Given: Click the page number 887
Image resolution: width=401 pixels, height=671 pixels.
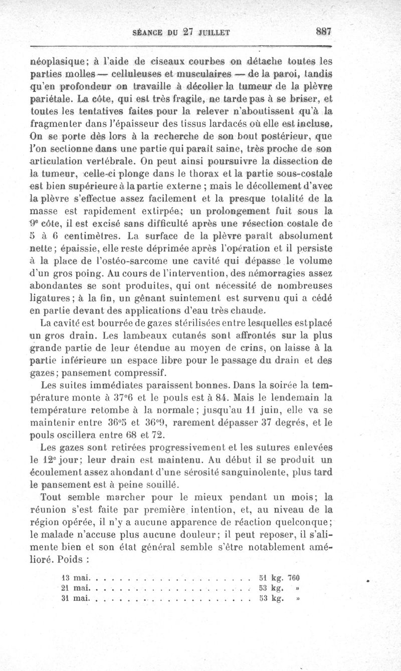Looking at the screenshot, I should (324, 31).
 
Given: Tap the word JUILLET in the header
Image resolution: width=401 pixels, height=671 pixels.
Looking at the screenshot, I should (213, 33).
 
